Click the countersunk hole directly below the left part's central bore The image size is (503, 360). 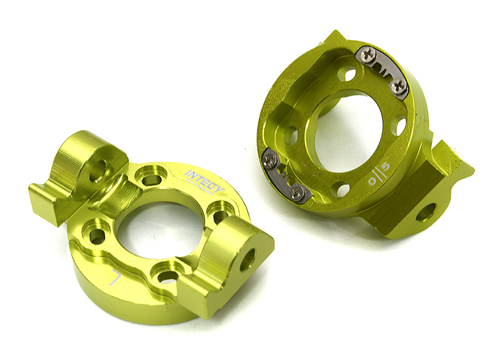(167, 276)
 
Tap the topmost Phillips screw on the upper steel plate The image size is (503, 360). (370, 55)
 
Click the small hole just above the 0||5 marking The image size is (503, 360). (397, 126)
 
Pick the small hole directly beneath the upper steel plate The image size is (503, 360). (347, 75)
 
